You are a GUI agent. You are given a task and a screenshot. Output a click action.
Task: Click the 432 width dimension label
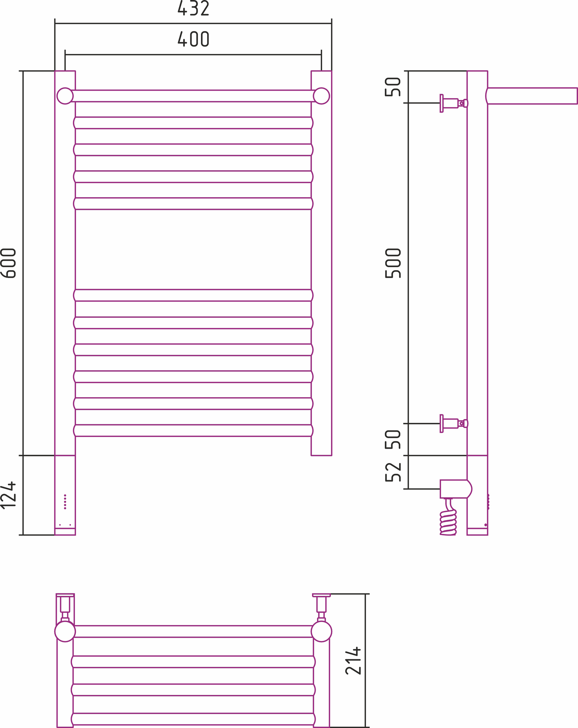coord(193,8)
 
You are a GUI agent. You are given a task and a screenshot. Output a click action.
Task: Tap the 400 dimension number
coord(193,39)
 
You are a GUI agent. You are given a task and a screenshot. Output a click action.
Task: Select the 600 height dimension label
coord(8,263)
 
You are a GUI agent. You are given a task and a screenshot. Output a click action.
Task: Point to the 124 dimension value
coord(8,495)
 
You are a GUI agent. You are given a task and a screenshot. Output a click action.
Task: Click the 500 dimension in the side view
coord(393,263)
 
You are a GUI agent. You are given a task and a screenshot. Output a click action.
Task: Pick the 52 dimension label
coord(393,472)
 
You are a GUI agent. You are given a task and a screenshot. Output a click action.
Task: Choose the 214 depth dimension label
coord(353,661)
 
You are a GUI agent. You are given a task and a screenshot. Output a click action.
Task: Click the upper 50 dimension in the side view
coord(393,87)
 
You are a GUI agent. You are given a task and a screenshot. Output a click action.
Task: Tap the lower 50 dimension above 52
coord(393,439)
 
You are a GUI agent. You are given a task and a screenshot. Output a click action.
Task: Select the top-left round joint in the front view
coord(65,96)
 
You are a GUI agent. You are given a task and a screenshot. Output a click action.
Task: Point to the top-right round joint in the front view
coord(321,96)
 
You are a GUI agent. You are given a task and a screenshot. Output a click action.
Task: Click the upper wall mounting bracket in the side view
coord(454,103)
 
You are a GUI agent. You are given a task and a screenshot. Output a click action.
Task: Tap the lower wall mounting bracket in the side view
coord(454,424)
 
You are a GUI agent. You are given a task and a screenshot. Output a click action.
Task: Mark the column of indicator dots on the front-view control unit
coord(65,502)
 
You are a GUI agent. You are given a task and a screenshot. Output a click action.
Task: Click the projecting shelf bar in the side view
coord(532,96)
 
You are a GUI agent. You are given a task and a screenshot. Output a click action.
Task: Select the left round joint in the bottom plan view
coord(65,632)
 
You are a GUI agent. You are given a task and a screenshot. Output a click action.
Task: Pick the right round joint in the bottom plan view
coord(321,632)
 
